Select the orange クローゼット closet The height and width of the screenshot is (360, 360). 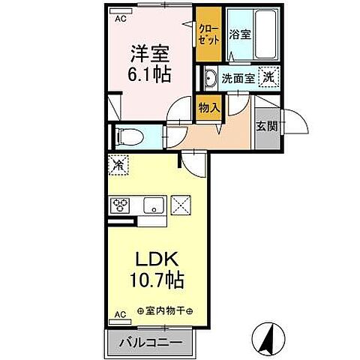[209, 34]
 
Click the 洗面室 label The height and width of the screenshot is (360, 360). [238, 76]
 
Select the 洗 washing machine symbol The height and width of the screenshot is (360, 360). [267, 76]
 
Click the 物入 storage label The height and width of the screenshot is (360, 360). [209, 107]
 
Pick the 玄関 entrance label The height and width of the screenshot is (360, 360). [265, 126]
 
